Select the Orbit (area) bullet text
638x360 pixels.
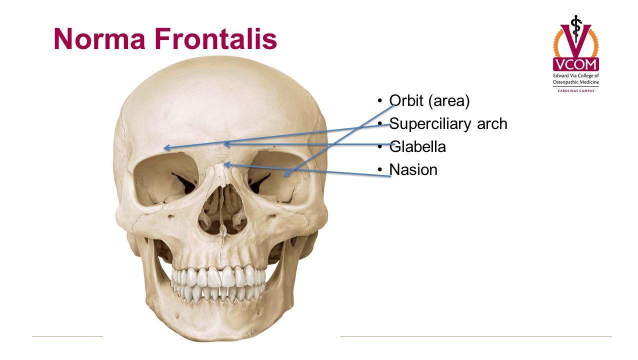pos(429,101)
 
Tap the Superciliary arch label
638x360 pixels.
pos(448,123)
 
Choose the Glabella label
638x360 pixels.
pos(417,146)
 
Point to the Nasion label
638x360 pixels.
pos(413,170)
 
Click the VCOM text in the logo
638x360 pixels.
pos(575,64)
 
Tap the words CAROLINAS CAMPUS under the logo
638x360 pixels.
pos(575,90)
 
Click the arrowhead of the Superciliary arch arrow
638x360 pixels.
pos(166,148)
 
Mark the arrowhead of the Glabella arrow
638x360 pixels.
pos(225,144)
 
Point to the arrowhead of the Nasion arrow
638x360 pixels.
pos(226,164)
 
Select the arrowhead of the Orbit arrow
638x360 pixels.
pos(286,174)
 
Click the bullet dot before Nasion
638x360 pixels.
pos(381,170)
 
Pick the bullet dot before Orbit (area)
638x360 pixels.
pos(381,101)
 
